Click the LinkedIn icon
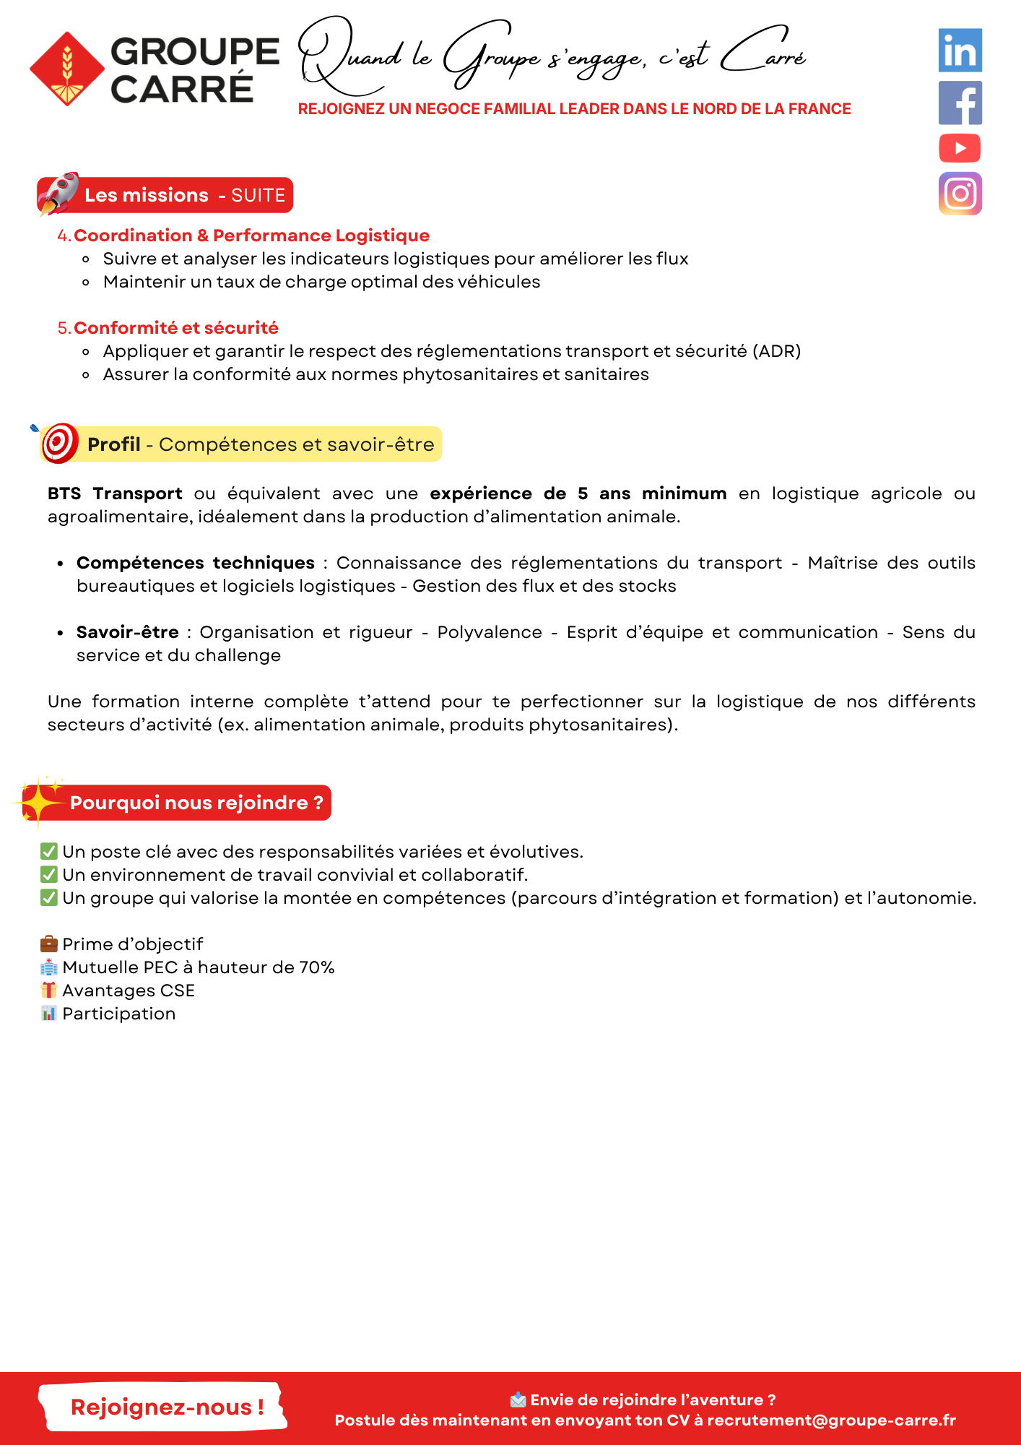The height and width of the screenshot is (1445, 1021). click(x=960, y=51)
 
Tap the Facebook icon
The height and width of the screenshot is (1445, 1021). click(x=960, y=103)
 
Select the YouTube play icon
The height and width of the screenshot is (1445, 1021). click(x=960, y=149)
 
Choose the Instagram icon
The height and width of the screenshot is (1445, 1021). click(x=960, y=194)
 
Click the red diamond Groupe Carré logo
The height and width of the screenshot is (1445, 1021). click(x=67, y=69)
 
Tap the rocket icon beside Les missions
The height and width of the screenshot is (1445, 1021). click(x=58, y=194)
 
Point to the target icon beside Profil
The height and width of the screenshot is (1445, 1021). click(x=59, y=443)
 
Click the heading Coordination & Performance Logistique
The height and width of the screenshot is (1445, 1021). click(x=251, y=236)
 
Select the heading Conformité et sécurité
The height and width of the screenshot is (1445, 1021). click(x=175, y=328)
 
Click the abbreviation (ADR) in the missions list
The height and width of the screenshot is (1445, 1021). click(x=776, y=351)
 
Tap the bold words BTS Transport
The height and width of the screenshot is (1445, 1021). click(x=115, y=493)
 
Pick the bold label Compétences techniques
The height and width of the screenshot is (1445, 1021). click(x=196, y=563)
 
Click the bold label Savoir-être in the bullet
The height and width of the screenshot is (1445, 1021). click(x=128, y=632)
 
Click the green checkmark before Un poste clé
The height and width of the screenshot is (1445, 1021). click(x=49, y=851)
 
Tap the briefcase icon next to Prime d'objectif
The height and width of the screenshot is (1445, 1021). click(x=49, y=944)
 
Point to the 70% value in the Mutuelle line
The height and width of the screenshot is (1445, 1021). click(x=317, y=967)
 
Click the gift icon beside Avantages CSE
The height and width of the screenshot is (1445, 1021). click(x=49, y=990)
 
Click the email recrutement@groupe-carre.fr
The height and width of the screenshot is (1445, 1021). click(x=831, y=1420)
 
